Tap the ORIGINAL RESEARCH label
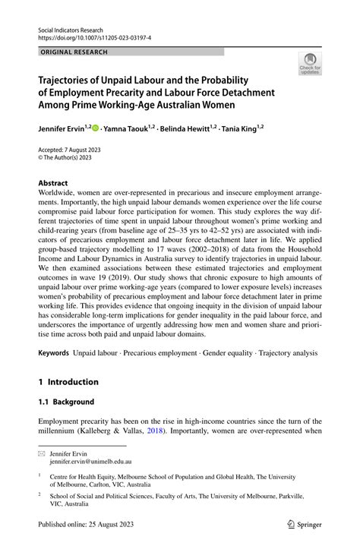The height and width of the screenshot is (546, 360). coord(73,52)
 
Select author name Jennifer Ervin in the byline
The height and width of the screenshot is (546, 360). coord(59,129)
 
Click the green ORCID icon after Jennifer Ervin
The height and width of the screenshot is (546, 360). coord(96,129)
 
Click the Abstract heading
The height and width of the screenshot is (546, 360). coord(52,183)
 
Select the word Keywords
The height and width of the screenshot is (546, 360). coord(53,354)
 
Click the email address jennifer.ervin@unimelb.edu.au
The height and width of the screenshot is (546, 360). coord(90,461)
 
